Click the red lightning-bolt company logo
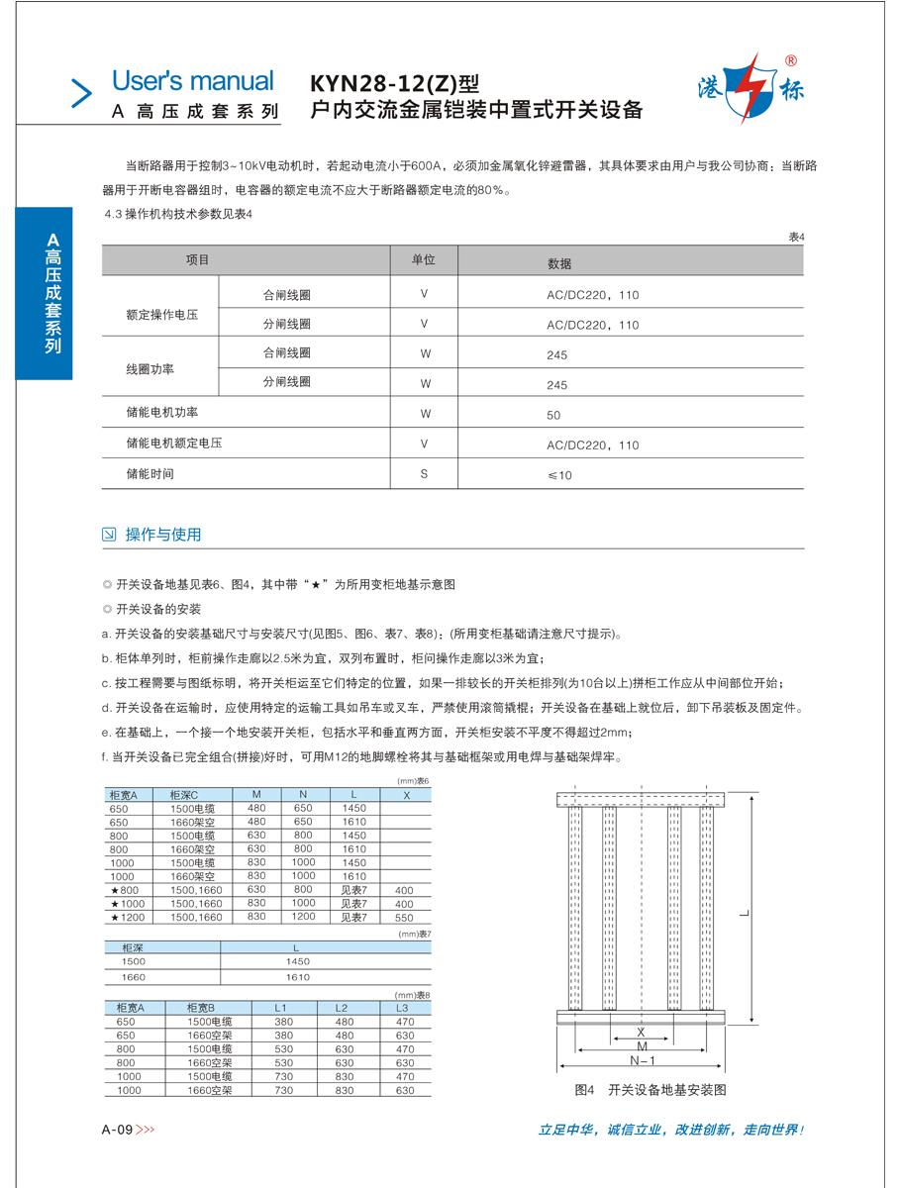[751, 87]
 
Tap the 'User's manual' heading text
[193, 81]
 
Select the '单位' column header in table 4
[423, 260]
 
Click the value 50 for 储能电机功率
[553, 415]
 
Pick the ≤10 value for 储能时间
[559, 475]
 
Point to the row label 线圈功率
[150, 368]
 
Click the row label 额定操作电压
[162, 315]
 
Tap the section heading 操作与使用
[163, 535]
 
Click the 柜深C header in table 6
[184, 795]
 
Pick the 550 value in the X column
[404, 918]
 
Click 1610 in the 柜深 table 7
[297, 977]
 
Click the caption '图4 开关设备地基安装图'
[651, 1090]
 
